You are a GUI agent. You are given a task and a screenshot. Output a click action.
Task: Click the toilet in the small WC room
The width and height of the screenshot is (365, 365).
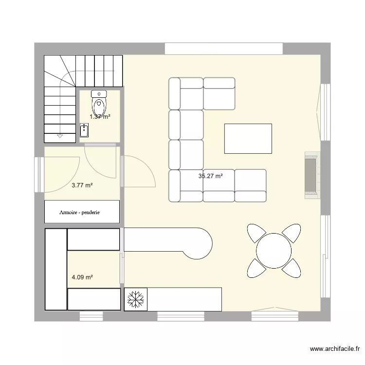pyautogui.click(x=99, y=103)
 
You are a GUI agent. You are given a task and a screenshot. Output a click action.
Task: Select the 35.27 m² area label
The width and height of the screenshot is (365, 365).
pyautogui.click(x=210, y=176)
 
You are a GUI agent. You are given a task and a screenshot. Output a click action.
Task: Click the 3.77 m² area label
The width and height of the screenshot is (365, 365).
pyautogui.click(x=82, y=185)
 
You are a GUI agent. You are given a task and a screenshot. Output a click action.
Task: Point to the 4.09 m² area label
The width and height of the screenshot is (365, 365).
pyautogui.click(x=82, y=277)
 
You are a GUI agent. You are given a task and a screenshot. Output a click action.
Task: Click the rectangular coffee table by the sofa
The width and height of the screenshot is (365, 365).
pyautogui.click(x=248, y=138)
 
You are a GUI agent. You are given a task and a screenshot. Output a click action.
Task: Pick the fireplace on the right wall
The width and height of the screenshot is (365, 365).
pyautogui.click(x=311, y=175)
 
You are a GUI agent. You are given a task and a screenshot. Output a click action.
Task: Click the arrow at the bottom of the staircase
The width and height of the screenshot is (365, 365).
pyautogui.click(x=60, y=135)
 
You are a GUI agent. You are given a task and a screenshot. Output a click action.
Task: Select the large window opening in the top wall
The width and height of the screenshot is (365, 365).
pyautogui.click(x=224, y=49)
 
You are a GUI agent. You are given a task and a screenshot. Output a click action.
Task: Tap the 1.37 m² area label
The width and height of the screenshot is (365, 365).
pyautogui.click(x=99, y=117)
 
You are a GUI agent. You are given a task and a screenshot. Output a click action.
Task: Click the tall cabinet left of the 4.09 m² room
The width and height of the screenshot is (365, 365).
pyautogui.click(x=55, y=269)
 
